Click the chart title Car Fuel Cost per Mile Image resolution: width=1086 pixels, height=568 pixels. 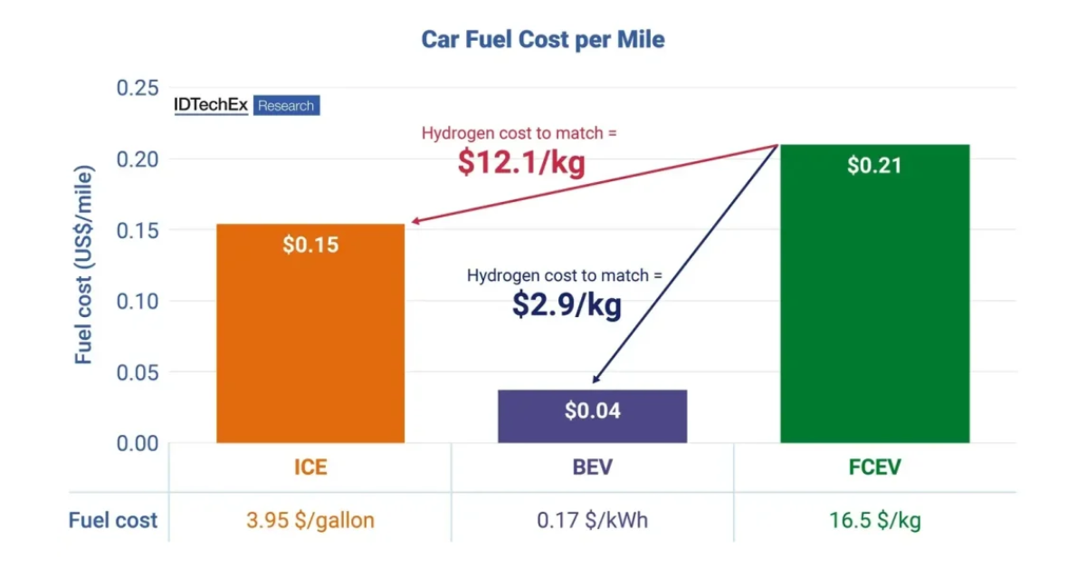coord(543,40)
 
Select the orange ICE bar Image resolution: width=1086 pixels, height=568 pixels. coord(310,344)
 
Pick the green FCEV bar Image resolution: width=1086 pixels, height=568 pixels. coord(874,308)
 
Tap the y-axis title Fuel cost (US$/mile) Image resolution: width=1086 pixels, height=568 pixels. coord(84,265)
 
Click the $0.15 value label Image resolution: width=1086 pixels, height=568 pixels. coord(310,245)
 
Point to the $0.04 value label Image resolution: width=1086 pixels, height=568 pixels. coord(593,411)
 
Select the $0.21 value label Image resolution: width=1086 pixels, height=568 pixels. coord(874,166)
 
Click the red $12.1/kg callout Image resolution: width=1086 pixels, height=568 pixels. coord(520,162)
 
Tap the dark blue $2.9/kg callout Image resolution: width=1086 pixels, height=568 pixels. coord(567,304)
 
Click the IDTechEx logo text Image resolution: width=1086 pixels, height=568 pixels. coord(211,105)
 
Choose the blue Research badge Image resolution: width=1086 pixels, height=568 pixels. coord(286,106)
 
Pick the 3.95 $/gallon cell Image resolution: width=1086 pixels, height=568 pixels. coord(310,520)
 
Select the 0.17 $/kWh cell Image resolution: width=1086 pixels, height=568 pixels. coord(592,520)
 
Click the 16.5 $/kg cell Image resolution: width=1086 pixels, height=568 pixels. coord(874,520)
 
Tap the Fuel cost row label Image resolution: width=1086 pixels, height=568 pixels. coord(113,520)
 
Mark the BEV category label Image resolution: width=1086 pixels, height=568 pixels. coord(592,467)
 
